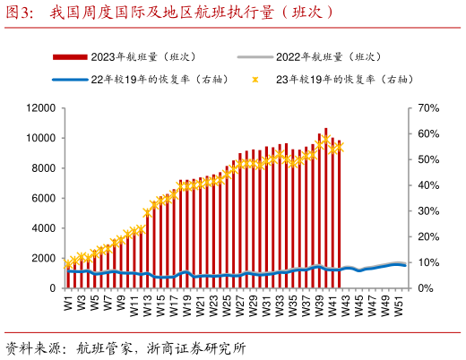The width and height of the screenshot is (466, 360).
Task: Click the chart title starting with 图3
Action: (x=170, y=12)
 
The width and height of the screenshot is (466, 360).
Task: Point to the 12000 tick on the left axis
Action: (x=41, y=108)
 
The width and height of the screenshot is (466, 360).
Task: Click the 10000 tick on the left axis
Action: (x=41, y=139)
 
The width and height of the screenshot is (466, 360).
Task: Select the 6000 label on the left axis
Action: (x=44, y=199)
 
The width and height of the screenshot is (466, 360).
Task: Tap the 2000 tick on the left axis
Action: (x=44, y=259)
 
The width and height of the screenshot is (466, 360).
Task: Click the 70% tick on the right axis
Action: (x=427, y=108)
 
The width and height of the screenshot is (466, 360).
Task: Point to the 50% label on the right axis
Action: (x=427, y=160)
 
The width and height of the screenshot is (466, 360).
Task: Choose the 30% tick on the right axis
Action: (x=427, y=211)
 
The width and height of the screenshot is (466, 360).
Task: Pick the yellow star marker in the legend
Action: (x=255, y=80)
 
